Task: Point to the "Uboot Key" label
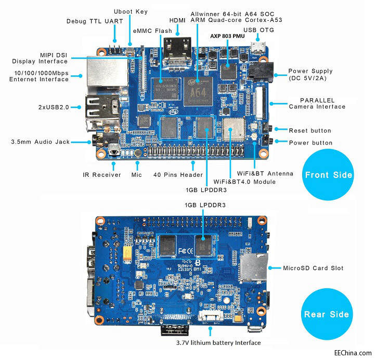click(x=131, y=11)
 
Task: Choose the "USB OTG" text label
click(x=258, y=30)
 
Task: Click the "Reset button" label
click(x=310, y=130)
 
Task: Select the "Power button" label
click(x=311, y=143)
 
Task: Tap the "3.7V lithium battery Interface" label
click(x=218, y=343)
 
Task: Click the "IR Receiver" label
click(x=102, y=175)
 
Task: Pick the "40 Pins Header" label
click(x=174, y=175)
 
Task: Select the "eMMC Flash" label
click(x=152, y=31)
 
